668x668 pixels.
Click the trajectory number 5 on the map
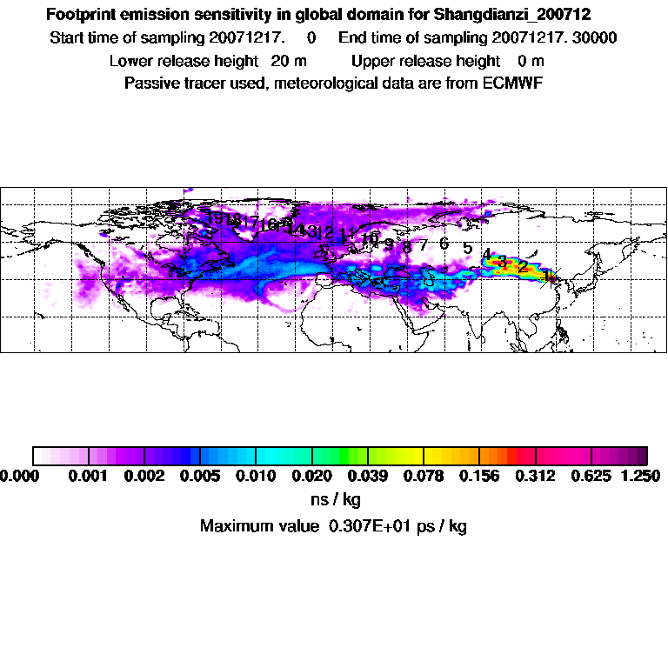coord(467,249)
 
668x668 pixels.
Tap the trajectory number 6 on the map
coord(444,244)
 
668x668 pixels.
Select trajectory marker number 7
coord(424,245)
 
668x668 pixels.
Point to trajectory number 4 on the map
coord(487,255)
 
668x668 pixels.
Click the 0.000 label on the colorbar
coord(20,477)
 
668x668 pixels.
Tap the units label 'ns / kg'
coord(335,500)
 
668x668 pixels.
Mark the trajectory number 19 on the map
coord(214,217)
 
